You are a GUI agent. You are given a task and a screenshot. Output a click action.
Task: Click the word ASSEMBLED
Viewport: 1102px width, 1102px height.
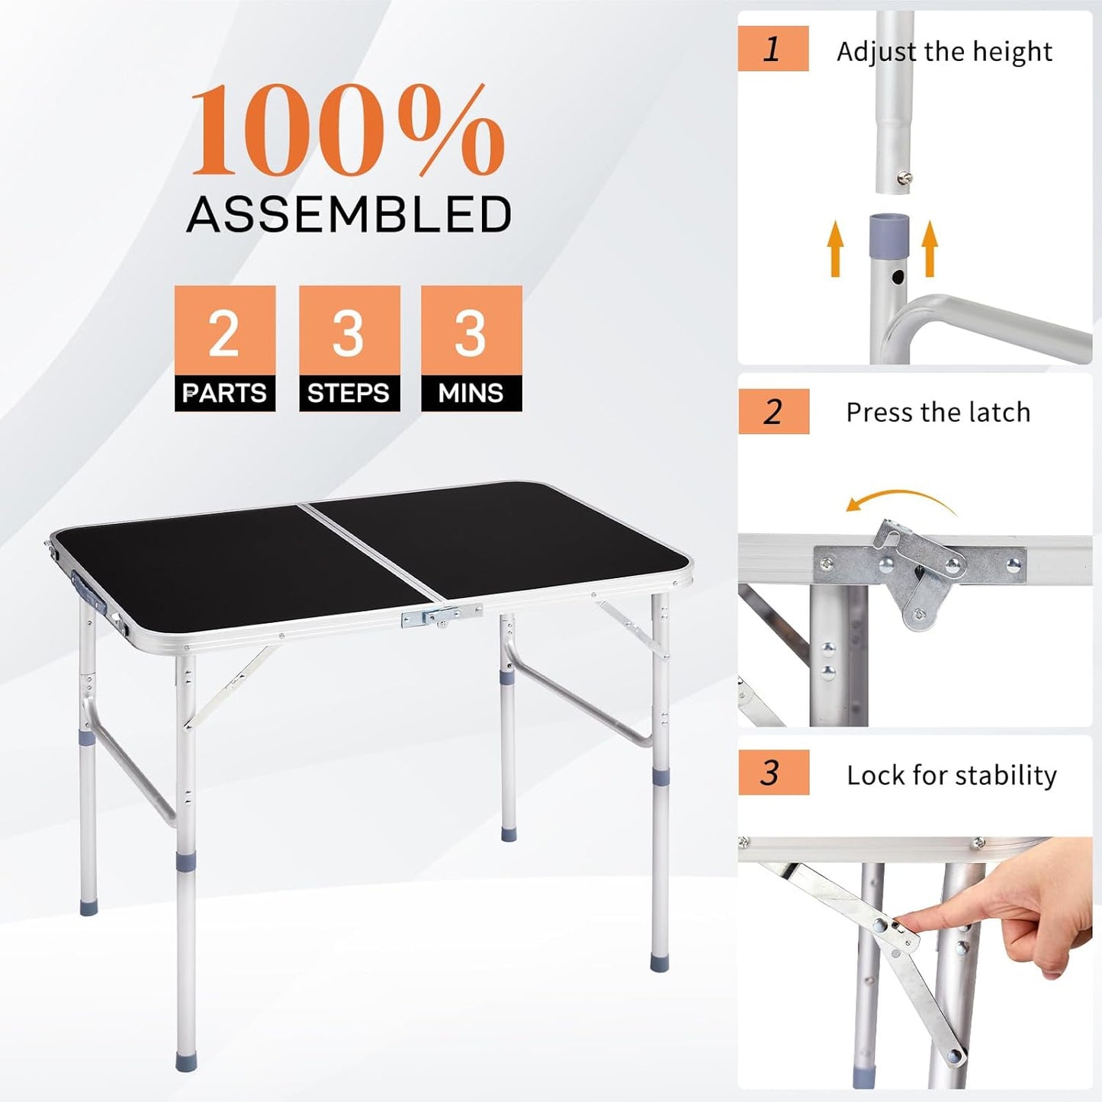pos(349,214)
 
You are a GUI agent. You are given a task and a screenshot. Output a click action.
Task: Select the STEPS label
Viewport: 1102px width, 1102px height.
pos(349,393)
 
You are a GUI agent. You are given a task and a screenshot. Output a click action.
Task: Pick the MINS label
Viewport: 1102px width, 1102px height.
pos(471,393)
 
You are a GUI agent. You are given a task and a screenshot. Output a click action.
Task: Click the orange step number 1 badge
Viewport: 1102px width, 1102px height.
pos(773,49)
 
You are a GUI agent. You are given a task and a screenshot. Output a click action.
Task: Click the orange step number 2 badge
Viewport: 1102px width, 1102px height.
pos(773,412)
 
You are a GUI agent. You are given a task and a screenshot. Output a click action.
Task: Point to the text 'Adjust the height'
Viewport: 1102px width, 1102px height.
pos(944,52)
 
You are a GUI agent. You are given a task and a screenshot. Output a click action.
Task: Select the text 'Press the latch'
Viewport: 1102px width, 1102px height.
pos(938,413)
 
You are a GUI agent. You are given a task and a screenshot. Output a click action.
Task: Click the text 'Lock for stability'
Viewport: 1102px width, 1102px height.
pos(952,775)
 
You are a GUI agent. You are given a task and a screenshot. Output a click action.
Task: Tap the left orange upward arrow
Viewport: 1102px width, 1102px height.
pos(837,248)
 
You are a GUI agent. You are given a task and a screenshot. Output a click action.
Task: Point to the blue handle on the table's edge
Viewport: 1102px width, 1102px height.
pos(88,591)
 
